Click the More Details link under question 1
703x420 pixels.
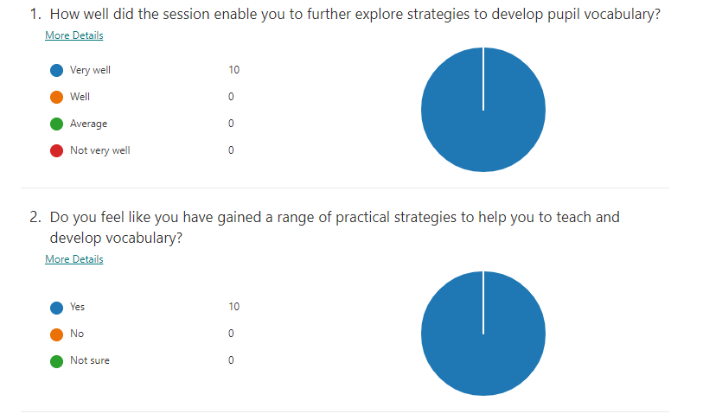pyautogui.click(x=73, y=35)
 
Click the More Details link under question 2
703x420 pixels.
pyautogui.click(x=73, y=259)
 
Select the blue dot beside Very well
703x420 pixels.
pyautogui.click(x=57, y=70)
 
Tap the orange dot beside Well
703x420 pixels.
pyautogui.click(x=57, y=97)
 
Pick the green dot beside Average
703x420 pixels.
pyautogui.click(x=57, y=124)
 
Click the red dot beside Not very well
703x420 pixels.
pyautogui.click(x=57, y=150)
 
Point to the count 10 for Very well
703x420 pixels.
pyautogui.click(x=233, y=70)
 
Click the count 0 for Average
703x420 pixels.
pyautogui.click(x=231, y=124)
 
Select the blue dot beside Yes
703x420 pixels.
pyautogui.click(x=57, y=307)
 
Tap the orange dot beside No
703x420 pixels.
pyautogui.click(x=57, y=334)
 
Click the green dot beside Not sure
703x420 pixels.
pyautogui.click(x=57, y=360)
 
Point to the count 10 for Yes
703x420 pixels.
pyautogui.click(x=233, y=307)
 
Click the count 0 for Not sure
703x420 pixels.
pyautogui.click(x=231, y=360)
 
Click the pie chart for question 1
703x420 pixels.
pyautogui.click(x=483, y=110)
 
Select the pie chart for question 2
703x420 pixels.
pyautogui.click(x=483, y=334)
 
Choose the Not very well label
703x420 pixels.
pyautogui.click(x=99, y=150)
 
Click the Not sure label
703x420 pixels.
pyautogui.click(x=90, y=360)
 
